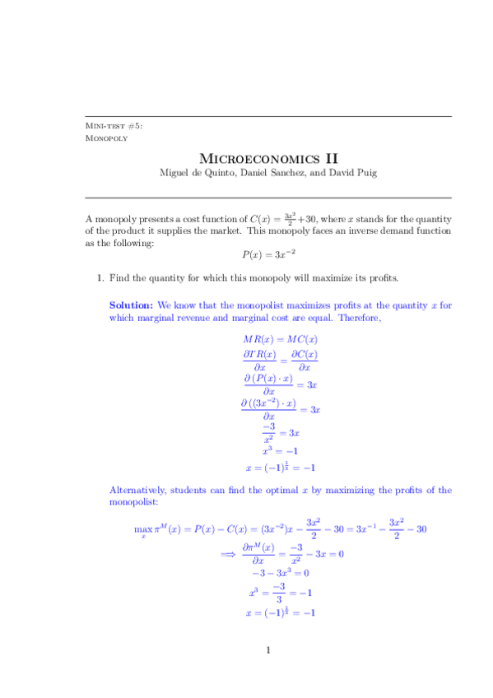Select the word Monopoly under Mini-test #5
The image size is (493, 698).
click(x=106, y=137)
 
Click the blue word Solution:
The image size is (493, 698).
click(x=131, y=305)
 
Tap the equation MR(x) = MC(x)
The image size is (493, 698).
click(x=281, y=338)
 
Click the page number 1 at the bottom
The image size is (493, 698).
click(x=268, y=652)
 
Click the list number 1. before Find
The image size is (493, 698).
click(x=100, y=278)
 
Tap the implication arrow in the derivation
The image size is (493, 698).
click(x=229, y=555)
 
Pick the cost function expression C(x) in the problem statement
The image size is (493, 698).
click(x=263, y=219)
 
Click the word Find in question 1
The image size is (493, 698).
click(x=120, y=278)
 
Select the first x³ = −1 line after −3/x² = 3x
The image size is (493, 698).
click(x=281, y=450)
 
